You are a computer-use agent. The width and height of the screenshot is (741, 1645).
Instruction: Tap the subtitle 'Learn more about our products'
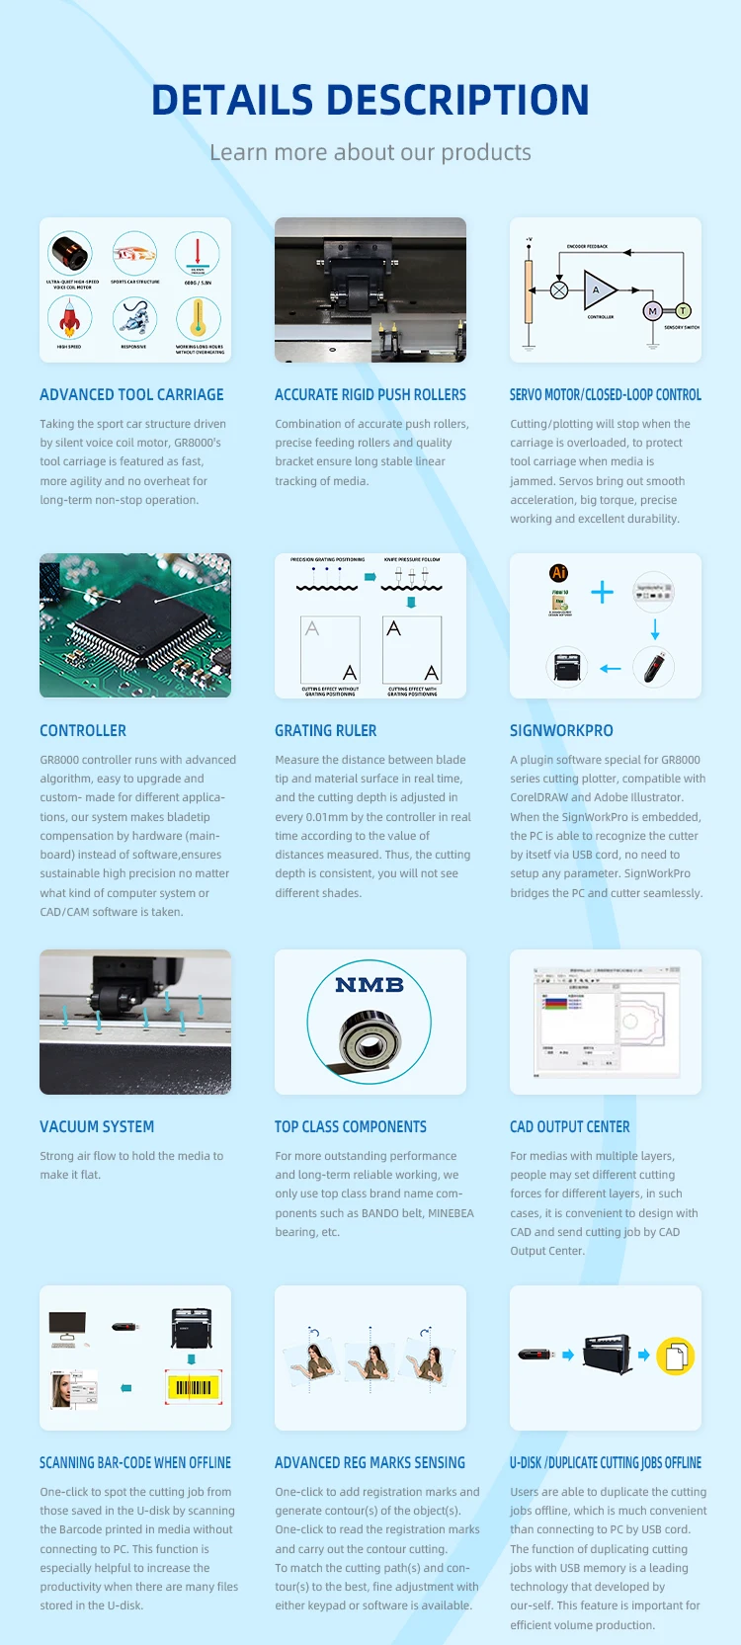[x=370, y=152]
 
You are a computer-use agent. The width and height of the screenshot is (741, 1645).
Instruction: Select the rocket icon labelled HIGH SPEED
[x=69, y=318]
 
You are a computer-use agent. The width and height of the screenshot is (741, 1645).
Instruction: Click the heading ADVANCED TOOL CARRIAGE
[x=131, y=394]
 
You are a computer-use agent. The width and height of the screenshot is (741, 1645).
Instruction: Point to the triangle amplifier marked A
[x=598, y=290]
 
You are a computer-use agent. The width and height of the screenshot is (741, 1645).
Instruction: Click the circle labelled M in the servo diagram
[x=652, y=311]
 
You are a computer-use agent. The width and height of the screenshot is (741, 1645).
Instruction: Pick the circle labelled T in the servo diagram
[x=683, y=311]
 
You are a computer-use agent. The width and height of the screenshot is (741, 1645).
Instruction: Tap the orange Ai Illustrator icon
[x=559, y=573]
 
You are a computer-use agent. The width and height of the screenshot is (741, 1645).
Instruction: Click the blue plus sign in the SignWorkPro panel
[x=602, y=592]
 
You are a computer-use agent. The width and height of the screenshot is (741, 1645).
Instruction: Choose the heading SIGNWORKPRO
[x=561, y=730]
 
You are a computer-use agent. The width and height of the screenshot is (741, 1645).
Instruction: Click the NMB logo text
[x=370, y=985]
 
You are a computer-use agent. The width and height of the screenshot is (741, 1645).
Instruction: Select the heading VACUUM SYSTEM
[x=97, y=1126]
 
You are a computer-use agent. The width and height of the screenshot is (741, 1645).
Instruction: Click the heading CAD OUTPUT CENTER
[x=570, y=1126]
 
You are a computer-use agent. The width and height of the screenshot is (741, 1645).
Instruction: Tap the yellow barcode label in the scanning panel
[x=194, y=1387]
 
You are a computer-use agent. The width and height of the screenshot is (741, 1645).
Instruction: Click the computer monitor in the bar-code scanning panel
[x=67, y=1326]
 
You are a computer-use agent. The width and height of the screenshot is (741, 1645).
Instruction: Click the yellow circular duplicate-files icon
[x=676, y=1357]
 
